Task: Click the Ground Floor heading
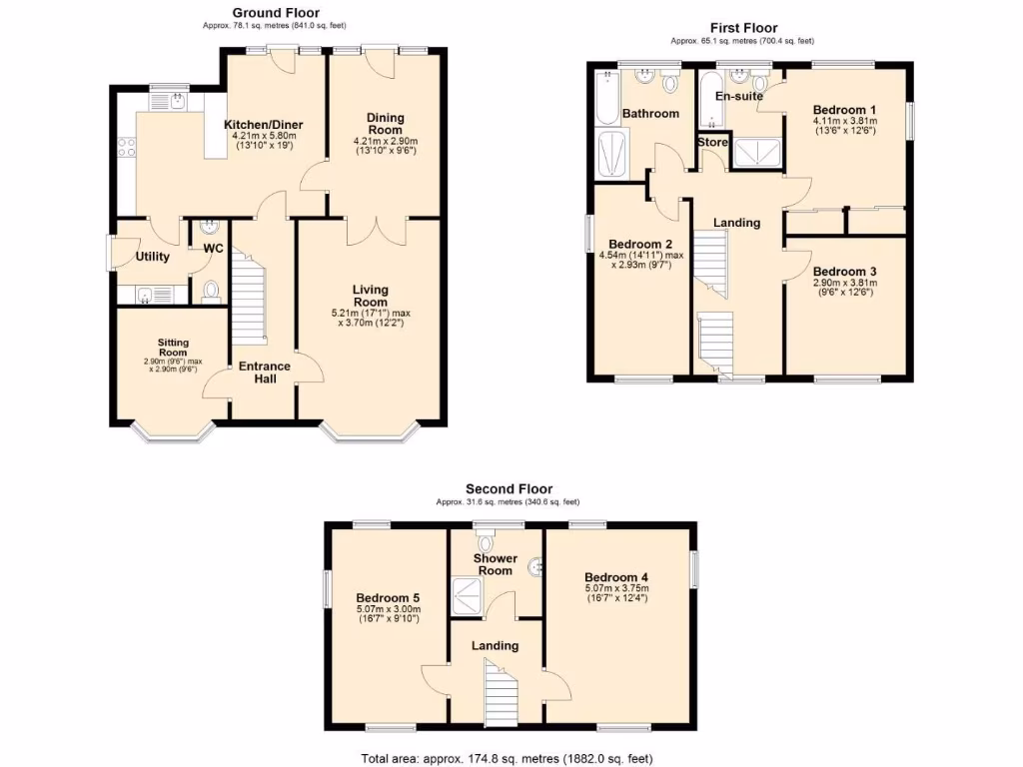point(276,12)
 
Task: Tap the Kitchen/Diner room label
point(264,125)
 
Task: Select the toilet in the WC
point(211,291)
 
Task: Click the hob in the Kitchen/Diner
point(127,148)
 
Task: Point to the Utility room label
point(153,257)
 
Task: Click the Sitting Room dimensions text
point(173,366)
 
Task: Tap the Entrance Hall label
point(264,373)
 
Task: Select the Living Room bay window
point(370,432)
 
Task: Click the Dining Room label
point(385,123)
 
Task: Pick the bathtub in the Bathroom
point(605,98)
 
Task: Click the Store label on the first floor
point(712,142)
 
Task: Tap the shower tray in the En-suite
point(757,152)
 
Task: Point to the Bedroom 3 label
point(845,272)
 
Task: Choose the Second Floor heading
point(509,488)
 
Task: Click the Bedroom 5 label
point(388,598)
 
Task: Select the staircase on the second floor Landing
point(501,691)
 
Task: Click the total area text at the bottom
point(507,759)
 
